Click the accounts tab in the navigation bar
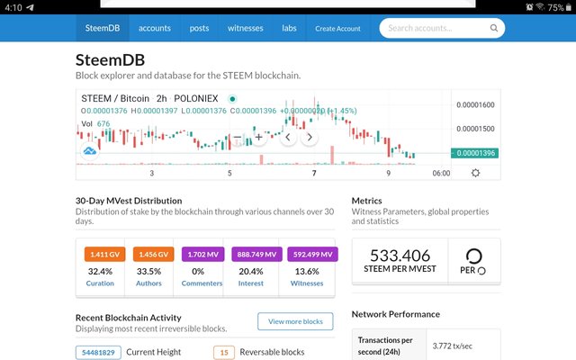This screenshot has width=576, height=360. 155,28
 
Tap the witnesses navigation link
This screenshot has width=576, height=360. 245,28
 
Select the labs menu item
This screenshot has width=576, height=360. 289,28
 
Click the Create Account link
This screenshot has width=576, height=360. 337,28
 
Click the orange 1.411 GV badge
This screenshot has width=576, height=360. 100,255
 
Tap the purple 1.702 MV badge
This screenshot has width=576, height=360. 202,255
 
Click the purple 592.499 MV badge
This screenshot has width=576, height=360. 311,255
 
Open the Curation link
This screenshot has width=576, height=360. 100,283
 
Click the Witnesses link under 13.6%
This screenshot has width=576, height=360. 307,283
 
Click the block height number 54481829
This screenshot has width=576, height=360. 98,352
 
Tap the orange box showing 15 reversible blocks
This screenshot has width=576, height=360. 224,352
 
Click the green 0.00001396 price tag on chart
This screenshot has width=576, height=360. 475,153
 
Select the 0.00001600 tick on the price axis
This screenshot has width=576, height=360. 474,105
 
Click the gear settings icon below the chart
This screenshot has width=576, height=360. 475,173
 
